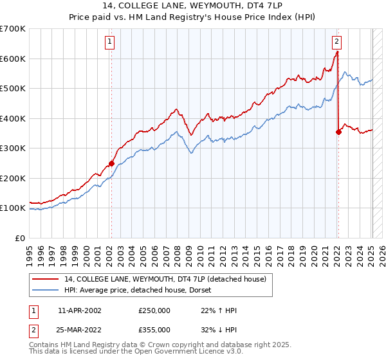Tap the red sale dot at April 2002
tap(111, 163)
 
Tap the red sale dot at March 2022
tap(338, 132)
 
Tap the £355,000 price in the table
tap(154, 330)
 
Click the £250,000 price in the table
tap(154, 310)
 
